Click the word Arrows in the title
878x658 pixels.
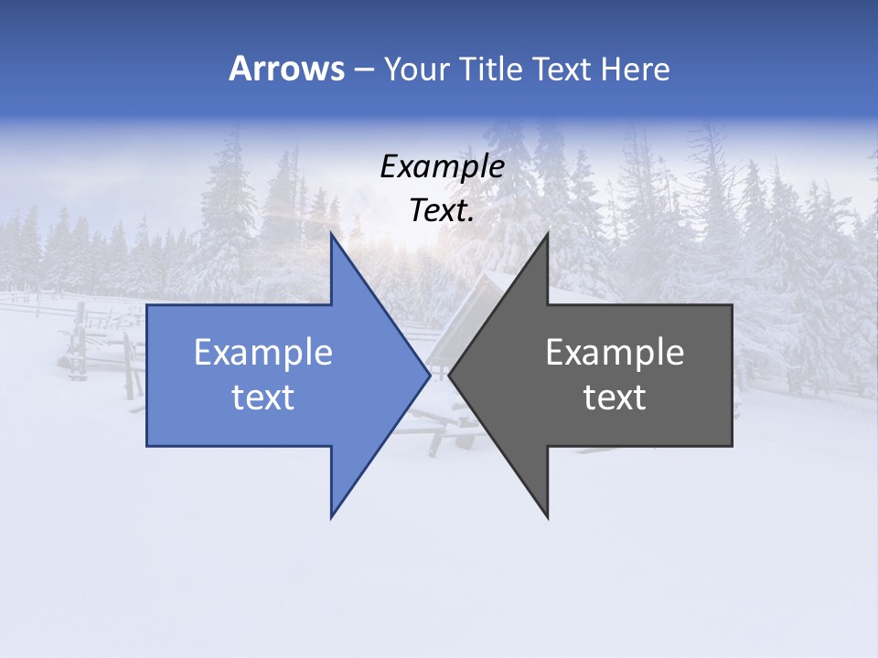286,69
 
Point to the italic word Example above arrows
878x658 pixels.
442,167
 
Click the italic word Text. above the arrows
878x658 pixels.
442,211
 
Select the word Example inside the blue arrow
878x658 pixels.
263,352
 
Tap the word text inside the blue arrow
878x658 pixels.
263,398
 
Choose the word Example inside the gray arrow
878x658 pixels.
615,352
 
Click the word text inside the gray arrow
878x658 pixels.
615,398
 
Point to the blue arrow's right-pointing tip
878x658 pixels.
428,374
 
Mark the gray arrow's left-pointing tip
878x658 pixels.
450,374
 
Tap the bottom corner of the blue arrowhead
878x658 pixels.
332,516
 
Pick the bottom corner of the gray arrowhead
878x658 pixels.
547,517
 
